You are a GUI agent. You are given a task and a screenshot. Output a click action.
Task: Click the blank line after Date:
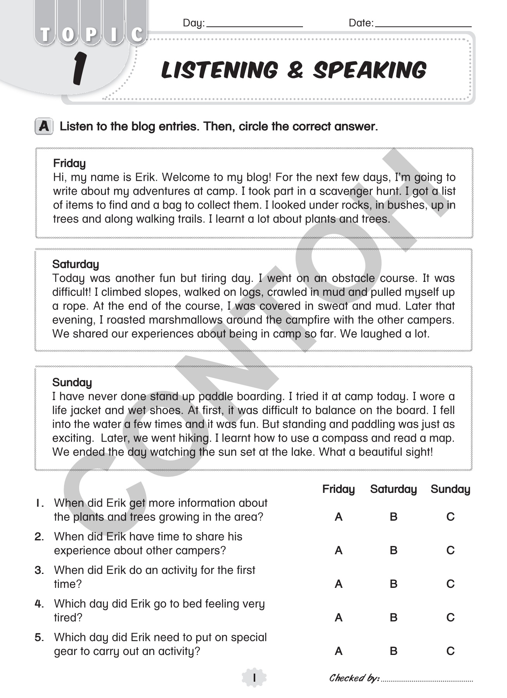423,26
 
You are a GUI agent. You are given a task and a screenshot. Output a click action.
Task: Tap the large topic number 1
79,69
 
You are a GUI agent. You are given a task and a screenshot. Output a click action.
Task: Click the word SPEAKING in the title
370,71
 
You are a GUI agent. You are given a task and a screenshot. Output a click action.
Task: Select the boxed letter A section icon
44,126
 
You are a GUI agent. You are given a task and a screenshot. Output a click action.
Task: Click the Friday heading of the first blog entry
69,163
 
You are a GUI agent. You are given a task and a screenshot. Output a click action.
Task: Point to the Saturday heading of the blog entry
76,264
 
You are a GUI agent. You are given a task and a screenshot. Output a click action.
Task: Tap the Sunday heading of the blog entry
72,383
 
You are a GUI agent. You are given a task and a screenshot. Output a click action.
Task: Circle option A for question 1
339,517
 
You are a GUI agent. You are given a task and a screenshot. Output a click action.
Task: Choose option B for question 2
393,551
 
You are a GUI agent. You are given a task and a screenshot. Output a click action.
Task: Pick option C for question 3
450,584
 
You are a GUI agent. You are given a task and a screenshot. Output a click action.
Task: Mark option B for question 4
393,618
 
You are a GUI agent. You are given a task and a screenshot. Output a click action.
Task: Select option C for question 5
450,651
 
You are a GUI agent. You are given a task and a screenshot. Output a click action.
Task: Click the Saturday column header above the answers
393,489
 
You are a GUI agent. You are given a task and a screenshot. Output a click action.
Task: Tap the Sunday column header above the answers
450,489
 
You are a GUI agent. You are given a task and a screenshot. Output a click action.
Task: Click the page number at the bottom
254,678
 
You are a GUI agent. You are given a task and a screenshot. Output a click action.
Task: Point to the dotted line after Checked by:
427,681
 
